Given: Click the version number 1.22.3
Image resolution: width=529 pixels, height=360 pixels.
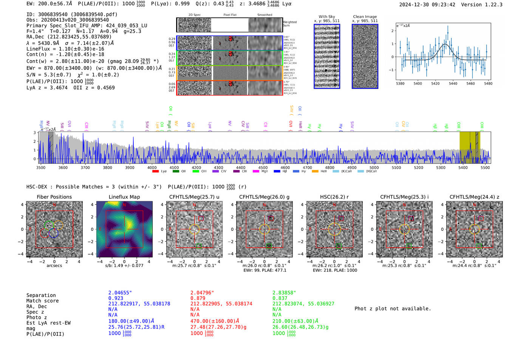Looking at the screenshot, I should (x=490, y=5).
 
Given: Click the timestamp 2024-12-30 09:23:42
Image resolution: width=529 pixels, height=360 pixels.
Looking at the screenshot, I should (x=427, y=5).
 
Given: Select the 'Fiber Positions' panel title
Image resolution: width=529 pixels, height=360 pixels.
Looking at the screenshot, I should (x=54, y=197).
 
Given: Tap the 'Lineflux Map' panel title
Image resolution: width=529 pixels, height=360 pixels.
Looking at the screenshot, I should (x=124, y=197).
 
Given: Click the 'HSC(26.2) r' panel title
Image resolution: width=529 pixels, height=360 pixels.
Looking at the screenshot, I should (x=334, y=197).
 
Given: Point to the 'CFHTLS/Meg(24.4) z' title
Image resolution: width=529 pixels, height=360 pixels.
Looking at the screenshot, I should (x=474, y=197).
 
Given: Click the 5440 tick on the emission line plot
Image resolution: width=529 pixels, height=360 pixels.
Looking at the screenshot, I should (x=453, y=83).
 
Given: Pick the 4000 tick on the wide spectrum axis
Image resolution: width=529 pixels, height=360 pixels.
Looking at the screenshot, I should (x=152, y=167).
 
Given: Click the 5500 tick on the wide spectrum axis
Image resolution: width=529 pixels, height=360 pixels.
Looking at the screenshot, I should (x=485, y=167).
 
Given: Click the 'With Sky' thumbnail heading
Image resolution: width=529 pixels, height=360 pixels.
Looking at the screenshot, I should (x=326, y=17).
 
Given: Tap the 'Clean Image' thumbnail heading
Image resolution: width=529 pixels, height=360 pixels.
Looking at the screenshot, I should (x=365, y=17).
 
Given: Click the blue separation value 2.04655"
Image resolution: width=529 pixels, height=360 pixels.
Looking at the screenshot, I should (x=120, y=293).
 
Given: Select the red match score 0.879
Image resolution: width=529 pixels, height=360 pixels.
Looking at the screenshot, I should (x=198, y=298).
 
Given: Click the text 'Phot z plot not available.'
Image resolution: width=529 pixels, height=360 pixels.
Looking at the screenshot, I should (x=393, y=309).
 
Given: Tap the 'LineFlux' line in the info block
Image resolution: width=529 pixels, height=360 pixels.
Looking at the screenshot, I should (x=65, y=49).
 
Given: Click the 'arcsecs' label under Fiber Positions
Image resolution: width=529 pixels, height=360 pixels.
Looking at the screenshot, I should (x=54, y=266).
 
